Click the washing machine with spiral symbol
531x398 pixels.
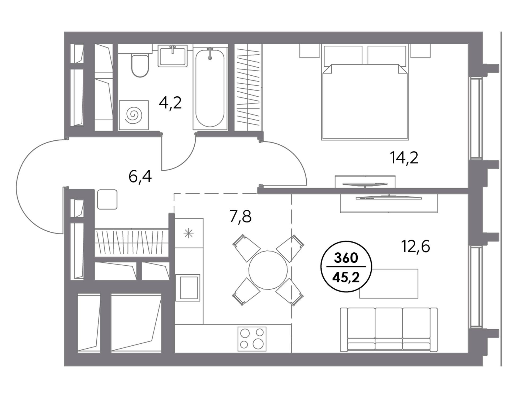coord(134,115)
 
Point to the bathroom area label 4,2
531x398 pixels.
coord(170,103)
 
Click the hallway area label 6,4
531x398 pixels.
coord(140,177)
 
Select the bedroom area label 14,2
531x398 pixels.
coord(404,158)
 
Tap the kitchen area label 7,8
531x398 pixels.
coord(241,217)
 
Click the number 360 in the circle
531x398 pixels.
coord(346,258)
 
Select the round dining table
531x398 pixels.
coord(268,270)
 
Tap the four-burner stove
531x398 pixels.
coord(252,339)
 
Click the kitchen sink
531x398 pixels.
coord(188,288)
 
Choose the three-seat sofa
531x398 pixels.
coord(389,330)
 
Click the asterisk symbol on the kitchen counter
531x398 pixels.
coord(189,233)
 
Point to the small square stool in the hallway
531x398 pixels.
coord(107,199)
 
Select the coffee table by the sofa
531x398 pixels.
coord(389,283)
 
